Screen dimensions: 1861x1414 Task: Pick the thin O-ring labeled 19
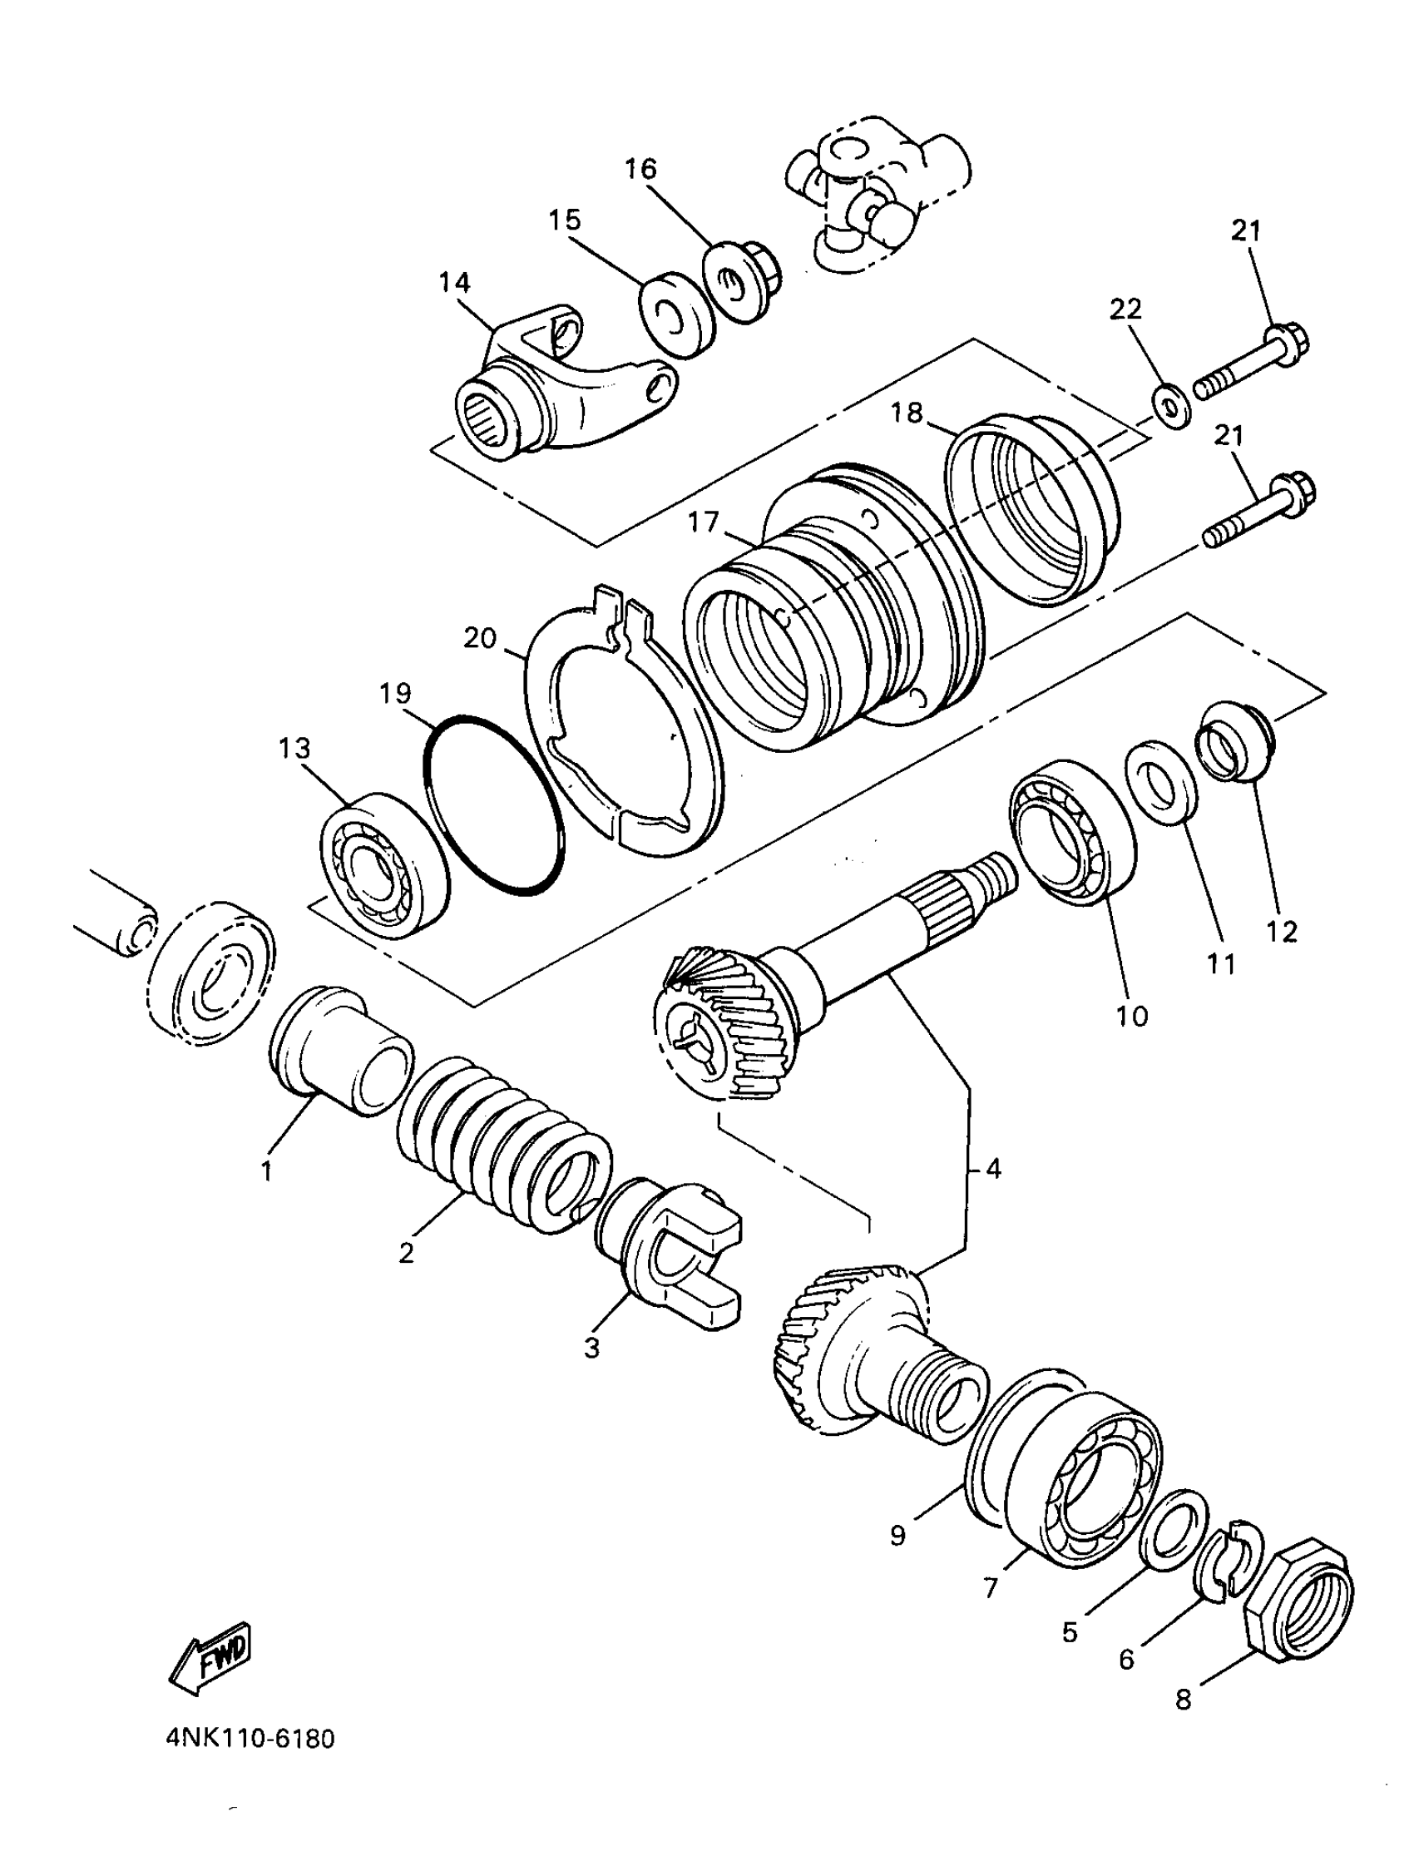coord(492,805)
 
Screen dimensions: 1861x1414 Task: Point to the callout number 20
coord(480,639)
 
